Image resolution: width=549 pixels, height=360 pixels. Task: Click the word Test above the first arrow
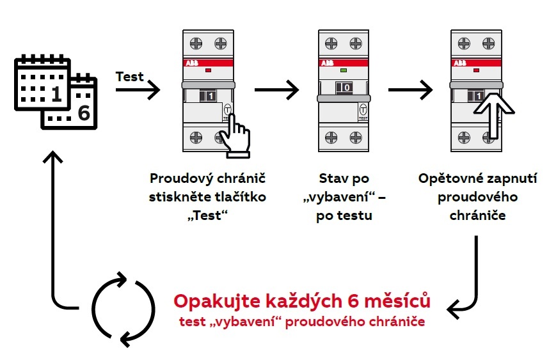pos(130,77)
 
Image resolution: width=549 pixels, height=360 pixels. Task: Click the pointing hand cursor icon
pos(234,132)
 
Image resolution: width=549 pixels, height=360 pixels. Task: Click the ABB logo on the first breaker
pos(193,64)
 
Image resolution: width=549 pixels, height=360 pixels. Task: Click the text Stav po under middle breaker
pos(344,178)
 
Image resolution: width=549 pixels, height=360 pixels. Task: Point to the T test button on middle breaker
pos(363,109)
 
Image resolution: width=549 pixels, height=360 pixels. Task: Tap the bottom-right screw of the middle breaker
pos(355,137)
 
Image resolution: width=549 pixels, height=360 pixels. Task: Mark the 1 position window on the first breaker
pos(211,97)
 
